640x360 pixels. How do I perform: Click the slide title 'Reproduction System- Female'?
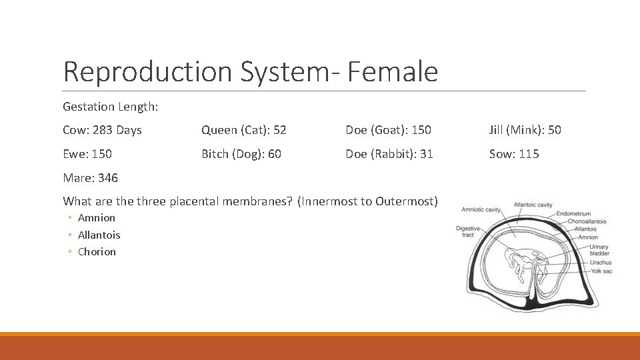(250, 72)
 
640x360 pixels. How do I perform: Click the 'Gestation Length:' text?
(110, 107)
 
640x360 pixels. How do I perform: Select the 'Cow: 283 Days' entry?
(102, 130)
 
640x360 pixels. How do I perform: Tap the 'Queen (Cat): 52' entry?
(244, 130)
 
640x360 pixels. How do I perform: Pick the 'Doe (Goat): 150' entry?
(388, 130)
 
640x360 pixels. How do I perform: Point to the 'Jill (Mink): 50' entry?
(525, 130)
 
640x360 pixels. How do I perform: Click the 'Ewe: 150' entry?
(87, 154)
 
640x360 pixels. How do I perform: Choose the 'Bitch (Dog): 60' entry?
(241, 154)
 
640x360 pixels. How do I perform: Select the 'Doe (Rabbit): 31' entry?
(389, 154)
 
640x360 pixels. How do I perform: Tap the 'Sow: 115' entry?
(514, 154)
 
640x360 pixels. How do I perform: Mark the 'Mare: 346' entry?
(90, 177)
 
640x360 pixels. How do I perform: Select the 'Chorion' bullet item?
(97, 252)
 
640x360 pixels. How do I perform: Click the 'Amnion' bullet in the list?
(97, 218)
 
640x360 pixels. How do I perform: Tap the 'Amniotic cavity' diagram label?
(481, 210)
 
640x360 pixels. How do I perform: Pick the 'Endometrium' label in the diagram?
(573, 214)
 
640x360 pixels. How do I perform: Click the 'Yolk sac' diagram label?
(601, 271)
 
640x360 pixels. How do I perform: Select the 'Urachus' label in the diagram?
(600, 263)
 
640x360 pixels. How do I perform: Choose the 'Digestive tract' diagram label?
(467, 231)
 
